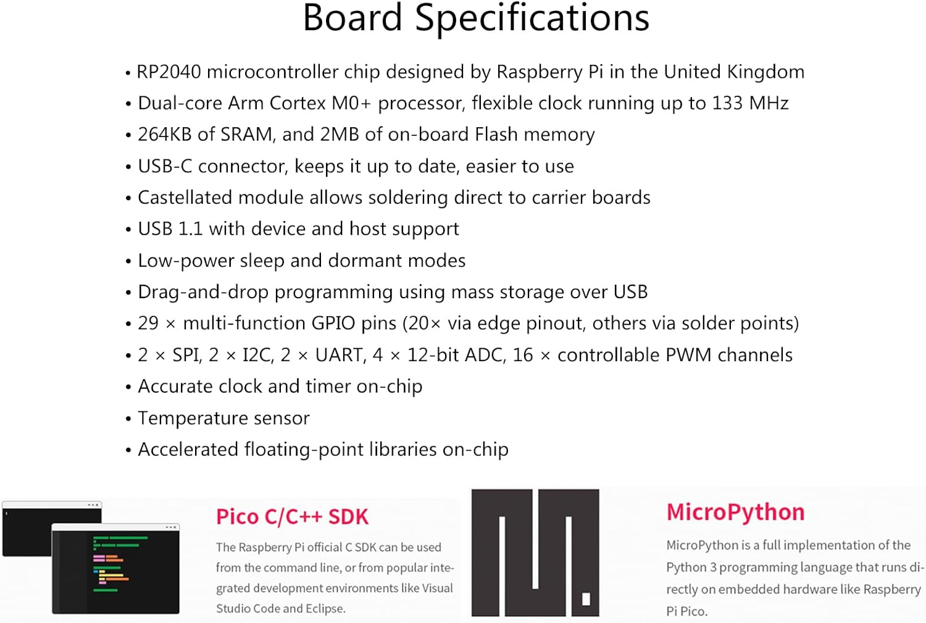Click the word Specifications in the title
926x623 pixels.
pyautogui.click(x=532, y=19)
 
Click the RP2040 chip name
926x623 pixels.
pyautogui.click(x=169, y=72)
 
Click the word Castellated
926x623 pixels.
pyautogui.click(x=185, y=198)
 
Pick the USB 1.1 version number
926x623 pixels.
pyautogui.click(x=190, y=229)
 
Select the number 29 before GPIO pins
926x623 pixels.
pyautogui.click(x=148, y=324)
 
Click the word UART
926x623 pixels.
pyautogui.click(x=340, y=355)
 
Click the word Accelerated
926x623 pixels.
pyautogui.click(x=188, y=449)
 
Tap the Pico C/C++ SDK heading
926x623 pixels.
pyautogui.click(x=292, y=517)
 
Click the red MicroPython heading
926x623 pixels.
pyautogui.click(x=735, y=512)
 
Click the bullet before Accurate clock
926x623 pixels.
pyautogui.click(x=128, y=388)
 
